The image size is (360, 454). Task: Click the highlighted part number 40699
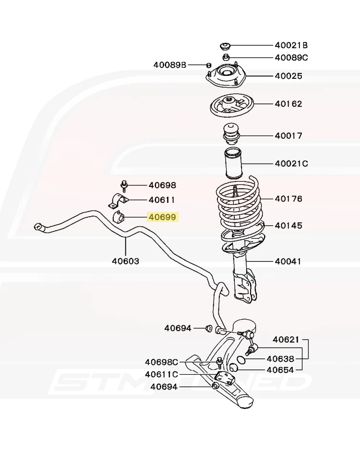(162, 217)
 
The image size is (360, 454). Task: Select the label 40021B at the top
(291, 45)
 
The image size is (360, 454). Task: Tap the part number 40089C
(291, 58)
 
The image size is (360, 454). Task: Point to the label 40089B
(170, 65)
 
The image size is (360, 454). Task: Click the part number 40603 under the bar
(126, 261)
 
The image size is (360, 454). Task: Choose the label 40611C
(161, 374)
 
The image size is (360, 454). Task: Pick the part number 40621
(286, 339)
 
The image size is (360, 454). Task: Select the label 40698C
(161, 362)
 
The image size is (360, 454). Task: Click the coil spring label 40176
(288, 198)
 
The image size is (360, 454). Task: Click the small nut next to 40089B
(209, 65)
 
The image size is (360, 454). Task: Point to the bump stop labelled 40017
(230, 135)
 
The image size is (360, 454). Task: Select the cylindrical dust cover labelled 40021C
(234, 163)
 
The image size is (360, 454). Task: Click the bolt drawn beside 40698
(124, 186)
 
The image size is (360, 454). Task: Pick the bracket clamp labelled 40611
(119, 200)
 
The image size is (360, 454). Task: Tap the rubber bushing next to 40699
(118, 216)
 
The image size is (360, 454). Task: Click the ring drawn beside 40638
(241, 360)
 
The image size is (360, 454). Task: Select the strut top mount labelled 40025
(226, 76)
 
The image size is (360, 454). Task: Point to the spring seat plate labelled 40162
(232, 106)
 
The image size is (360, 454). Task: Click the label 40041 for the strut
(288, 261)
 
